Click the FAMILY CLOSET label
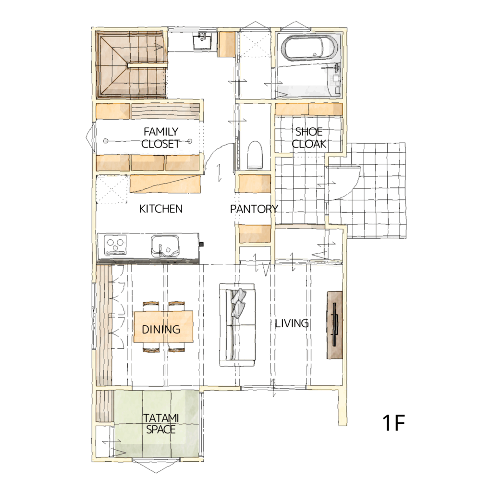pos(160,137)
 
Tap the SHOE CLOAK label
pos(309,137)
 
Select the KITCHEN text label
pos(160,209)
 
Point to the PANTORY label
pos(254,209)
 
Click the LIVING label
pos(292,323)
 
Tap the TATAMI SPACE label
pos(160,424)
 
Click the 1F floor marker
pos(394,423)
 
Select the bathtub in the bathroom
pos(310,48)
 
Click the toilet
pos(255,155)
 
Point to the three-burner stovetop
pos(115,245)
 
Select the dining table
pos(163,326)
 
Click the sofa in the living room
pos(237,325)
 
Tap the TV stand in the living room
pos(334,325)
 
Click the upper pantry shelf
pos(255,184)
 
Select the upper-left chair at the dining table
pos(151,306)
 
